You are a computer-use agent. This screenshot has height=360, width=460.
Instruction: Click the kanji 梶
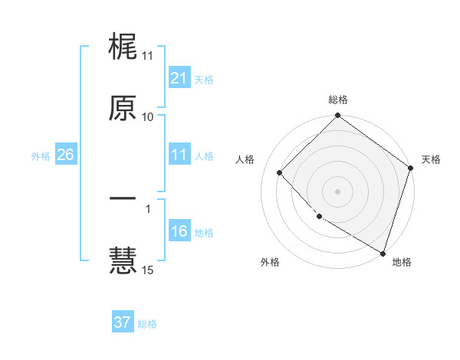pos(123,47)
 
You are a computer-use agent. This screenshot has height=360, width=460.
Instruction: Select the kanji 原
pos(123,108)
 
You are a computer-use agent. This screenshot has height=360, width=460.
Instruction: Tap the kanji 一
pos(123,200)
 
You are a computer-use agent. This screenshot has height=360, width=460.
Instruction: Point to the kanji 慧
pos(123,260)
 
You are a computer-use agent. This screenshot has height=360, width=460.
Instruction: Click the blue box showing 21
pos(179,78)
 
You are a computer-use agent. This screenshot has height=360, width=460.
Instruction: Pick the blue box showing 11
pos(179,155)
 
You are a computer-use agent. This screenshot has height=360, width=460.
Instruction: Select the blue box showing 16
pos(179,232)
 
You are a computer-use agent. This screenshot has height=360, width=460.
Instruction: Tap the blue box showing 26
pos(65,155)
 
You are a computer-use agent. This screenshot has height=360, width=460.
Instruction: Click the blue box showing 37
pos(122,322)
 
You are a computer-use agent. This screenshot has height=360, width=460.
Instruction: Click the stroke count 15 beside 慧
pos(148,270)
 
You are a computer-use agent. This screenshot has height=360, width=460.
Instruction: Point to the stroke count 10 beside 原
pos(148,117)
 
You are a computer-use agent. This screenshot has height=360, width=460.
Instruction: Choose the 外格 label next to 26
pos(41,156)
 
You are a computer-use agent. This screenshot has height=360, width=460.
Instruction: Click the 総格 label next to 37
pos(147,324)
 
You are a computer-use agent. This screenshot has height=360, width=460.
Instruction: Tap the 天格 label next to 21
pos(204,79)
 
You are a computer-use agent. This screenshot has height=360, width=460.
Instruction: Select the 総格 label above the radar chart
pos(338,100)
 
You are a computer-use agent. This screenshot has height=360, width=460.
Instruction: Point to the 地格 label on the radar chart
pos(402,262)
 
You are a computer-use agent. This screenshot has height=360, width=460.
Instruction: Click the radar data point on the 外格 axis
pos(320,217)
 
